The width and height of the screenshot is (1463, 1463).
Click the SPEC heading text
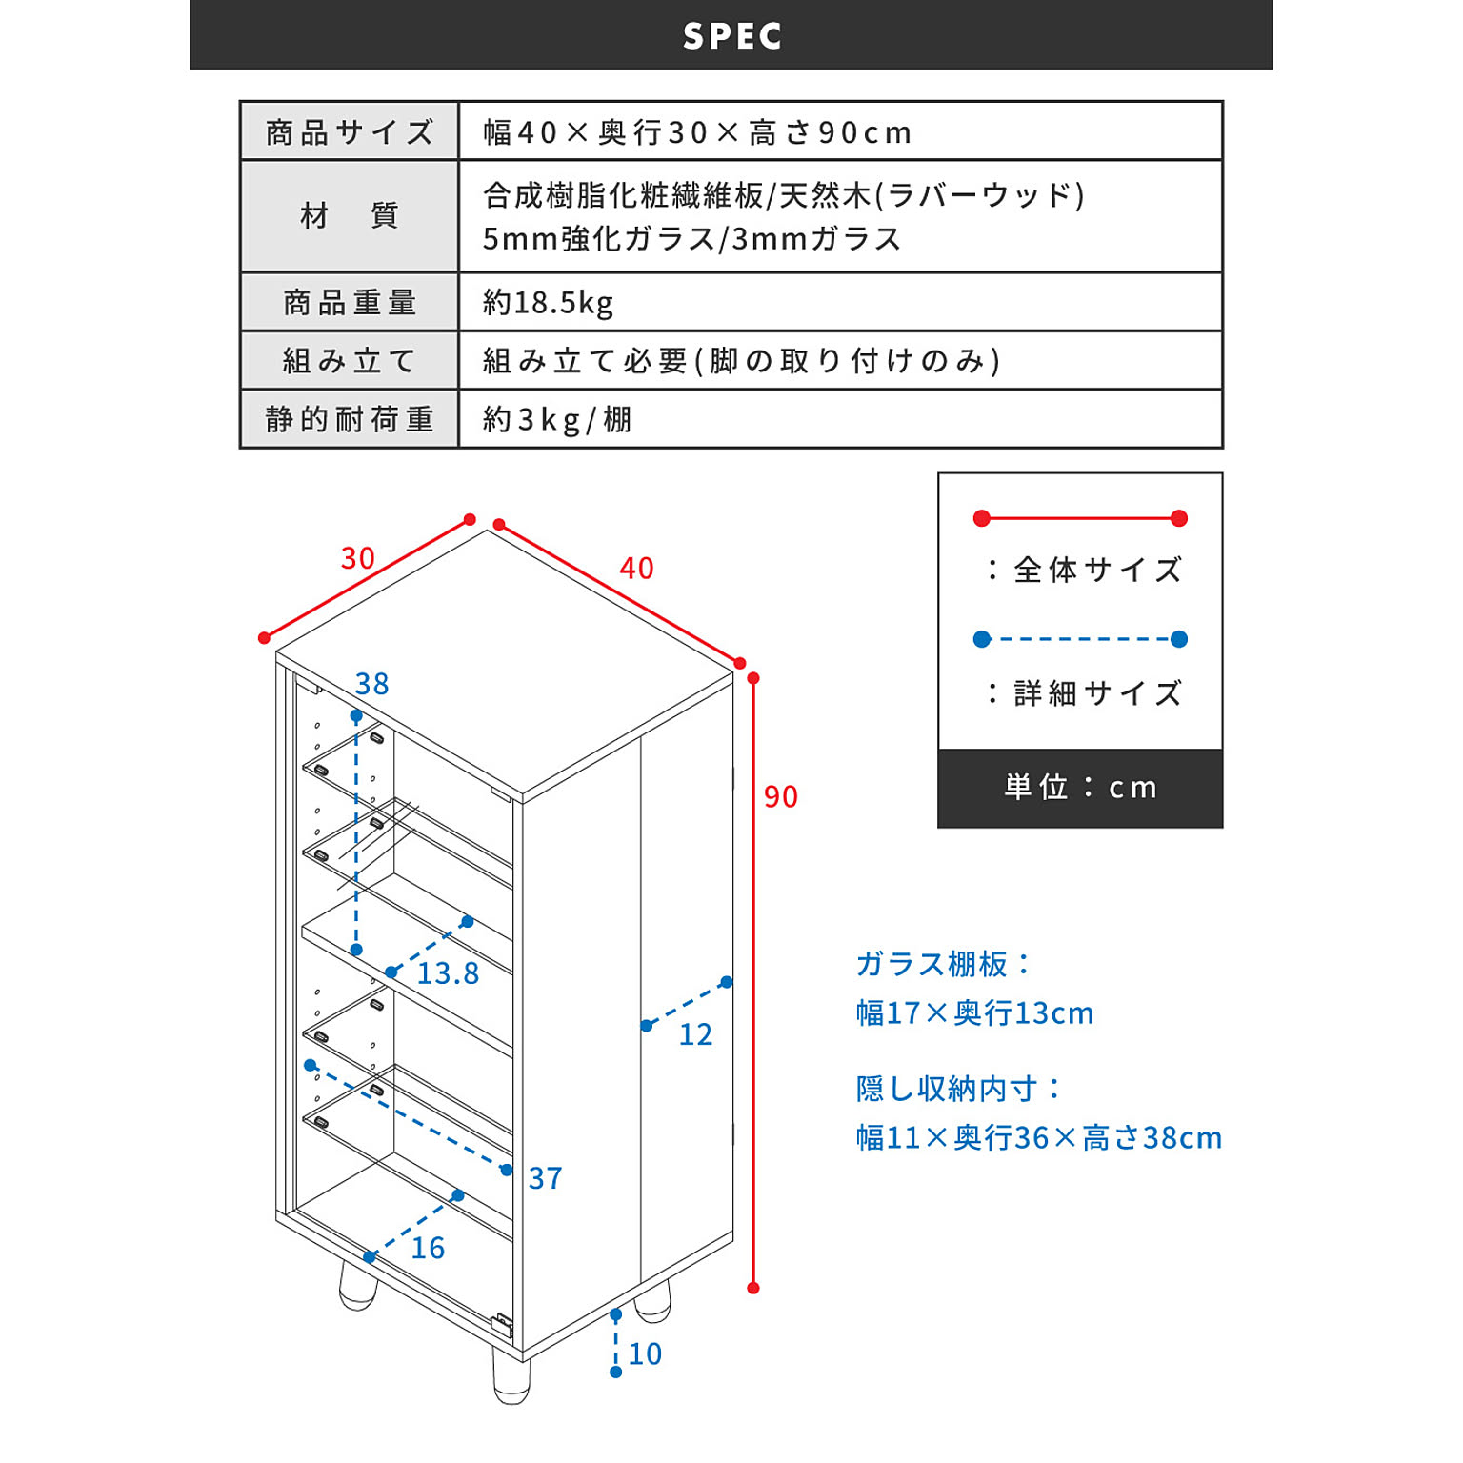[731, 36]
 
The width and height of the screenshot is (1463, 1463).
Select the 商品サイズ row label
[350, 131]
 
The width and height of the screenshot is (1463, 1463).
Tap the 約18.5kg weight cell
[548, 302]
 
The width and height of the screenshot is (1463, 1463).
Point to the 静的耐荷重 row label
[350, 419]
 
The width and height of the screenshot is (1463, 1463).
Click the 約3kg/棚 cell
[557, 419]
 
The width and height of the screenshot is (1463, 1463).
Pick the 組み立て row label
[350, 361]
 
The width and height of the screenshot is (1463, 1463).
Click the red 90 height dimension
[781, 796]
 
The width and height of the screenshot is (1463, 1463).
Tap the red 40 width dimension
[636, 569]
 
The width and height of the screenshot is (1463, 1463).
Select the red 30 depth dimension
[358, 558]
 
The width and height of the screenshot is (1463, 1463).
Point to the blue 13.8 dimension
[448, 973]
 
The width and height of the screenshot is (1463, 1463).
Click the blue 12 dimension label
[695, 1034]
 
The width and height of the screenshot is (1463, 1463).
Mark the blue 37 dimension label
[546, 1178]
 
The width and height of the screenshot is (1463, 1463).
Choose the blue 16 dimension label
[429, 1248]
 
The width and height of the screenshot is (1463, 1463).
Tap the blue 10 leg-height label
[645, 1353]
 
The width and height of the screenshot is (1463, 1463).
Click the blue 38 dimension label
[372, 684]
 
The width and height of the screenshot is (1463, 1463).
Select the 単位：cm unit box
[1080, 788]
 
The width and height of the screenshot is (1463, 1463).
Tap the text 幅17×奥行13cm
[974, 1012]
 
